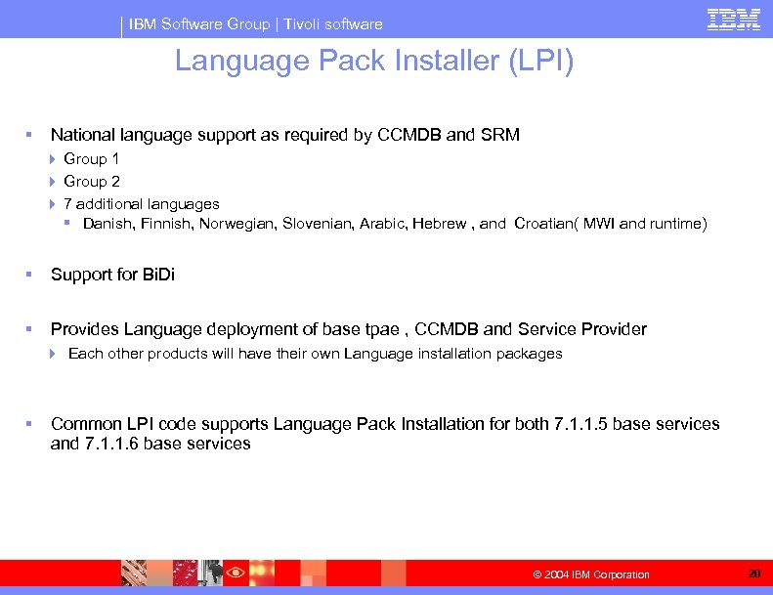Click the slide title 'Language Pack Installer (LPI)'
(374, 63)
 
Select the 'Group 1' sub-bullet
(92, 158)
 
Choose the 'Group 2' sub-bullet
(92, 181)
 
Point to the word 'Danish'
(107, 224)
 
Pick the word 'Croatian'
(546, 224)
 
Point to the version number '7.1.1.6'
(111, 444)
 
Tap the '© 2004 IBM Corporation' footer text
(591, 574)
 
